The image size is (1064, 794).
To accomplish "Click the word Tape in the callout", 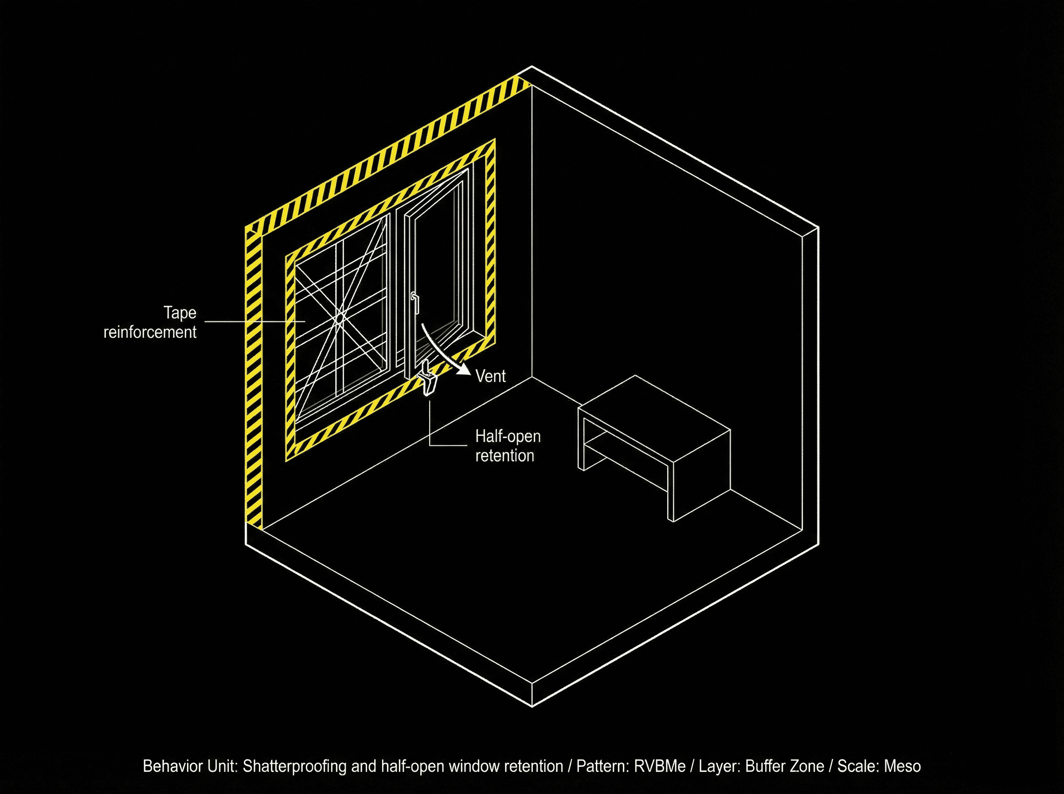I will (x=180, y=313).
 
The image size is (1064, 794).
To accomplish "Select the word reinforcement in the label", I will (x=150, y=332).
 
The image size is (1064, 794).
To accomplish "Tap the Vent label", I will (x=490, y=376).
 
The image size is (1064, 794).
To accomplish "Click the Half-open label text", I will (x=508, y=436).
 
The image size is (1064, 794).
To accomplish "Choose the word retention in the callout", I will (x=505, y=455).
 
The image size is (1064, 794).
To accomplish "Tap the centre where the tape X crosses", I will (x=340, y=318).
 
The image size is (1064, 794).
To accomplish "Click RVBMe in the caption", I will (x=660, y=766).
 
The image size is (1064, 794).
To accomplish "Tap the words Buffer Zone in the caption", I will (x=784, y=766).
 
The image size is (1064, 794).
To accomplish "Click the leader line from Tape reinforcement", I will (x=250, y=321).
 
